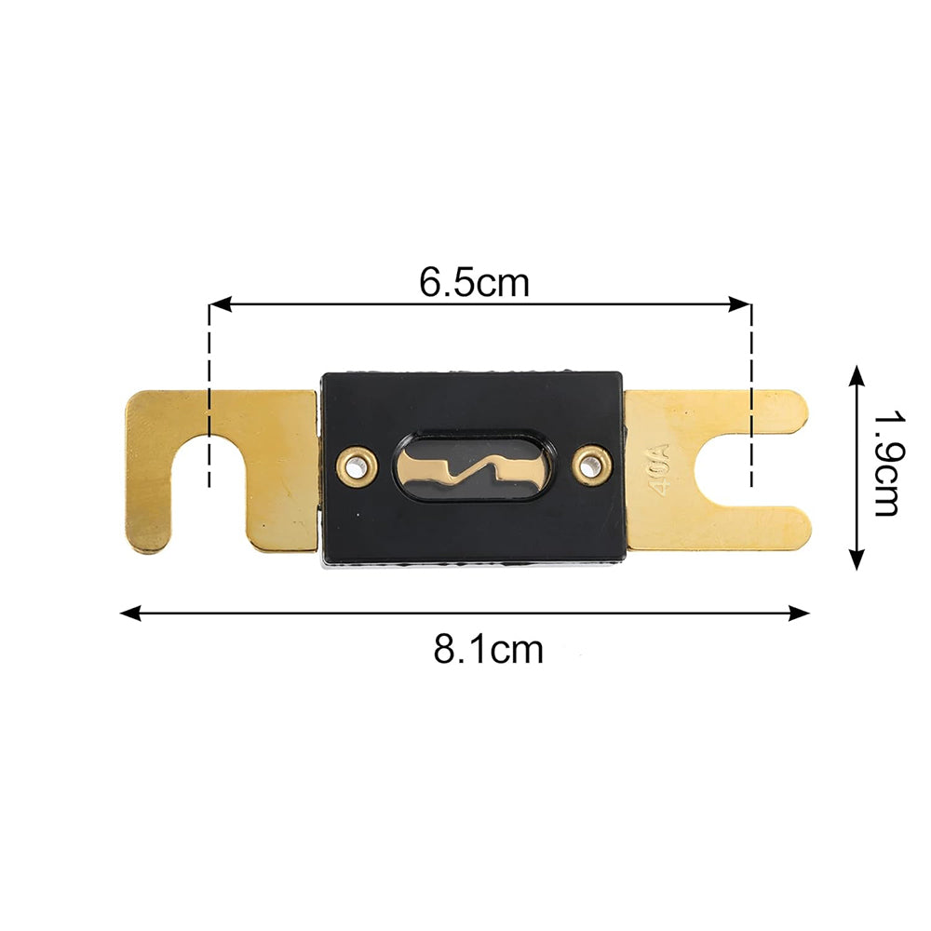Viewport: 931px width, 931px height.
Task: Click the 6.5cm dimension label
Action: tap(474, 283)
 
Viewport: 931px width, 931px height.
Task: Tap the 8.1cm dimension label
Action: tap(488, 649)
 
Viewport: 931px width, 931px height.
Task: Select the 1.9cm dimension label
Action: tap(889, 465)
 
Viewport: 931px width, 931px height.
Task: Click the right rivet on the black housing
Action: tap(589, 466)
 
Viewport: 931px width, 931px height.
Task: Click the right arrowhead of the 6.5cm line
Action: tap(740, 304)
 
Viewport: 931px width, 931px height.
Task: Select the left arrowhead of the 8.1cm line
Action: tap(131, 614)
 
